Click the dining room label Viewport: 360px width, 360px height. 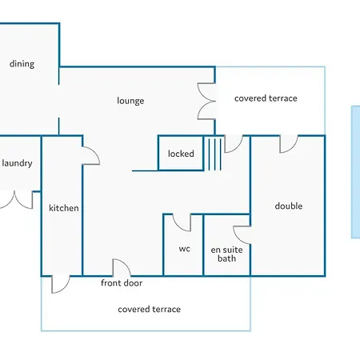click(x=22, y=64)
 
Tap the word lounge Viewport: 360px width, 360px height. click(x=130, y=101)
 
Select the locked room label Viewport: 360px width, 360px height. click(x=181, y=154)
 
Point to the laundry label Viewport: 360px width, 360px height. click(x=17, y=163)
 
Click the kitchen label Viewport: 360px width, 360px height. click(x=64, y=208)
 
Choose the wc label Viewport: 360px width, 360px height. click(x=185, y=249)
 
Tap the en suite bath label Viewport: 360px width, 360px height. click(x=226, y=254)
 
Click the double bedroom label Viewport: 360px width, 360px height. click(x=289, y=206)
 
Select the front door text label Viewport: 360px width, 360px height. click(x=122, y=283)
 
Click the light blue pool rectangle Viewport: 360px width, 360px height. click(x=356, y=172)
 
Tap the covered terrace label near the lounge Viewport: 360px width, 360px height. click(x=266, y=98)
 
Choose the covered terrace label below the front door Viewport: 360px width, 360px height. click(x=150, y=310)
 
